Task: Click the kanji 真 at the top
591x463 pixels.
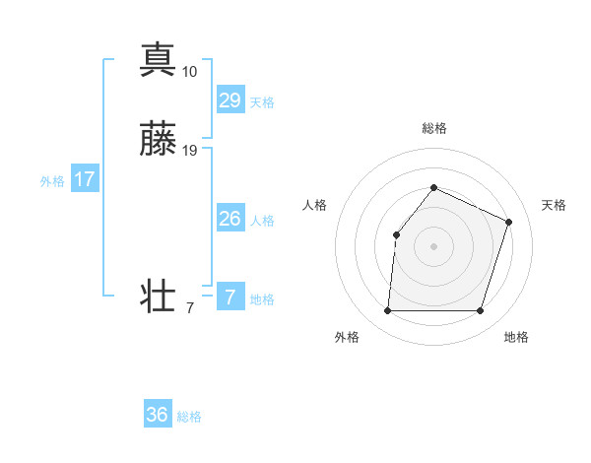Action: (x=158, y=59)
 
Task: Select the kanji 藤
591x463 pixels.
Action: (x=158, y=140)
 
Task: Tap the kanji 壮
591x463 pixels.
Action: (x=158, y=297)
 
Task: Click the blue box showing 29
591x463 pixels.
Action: (x=230, y=99)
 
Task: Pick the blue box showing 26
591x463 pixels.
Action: (x=230, y=219)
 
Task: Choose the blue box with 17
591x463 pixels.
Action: (x=85, y=179)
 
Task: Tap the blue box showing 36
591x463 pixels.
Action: (x=158, y=415)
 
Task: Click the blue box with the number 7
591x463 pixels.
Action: (x=230, y=297)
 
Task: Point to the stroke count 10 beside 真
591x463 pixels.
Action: (x=189, y=72)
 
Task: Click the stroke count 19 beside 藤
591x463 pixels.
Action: (x=189, y=152)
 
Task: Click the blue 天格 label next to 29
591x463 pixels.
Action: (x=262, y=102)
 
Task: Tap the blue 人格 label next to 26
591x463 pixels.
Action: (x=262, y=221)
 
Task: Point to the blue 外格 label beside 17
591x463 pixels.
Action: (x=52, y=181)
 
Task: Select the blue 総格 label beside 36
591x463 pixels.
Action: (x=189, y=418)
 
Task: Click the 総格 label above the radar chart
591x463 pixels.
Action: (x=434, y=128)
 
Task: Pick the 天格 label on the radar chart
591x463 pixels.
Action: (x=554, y=205)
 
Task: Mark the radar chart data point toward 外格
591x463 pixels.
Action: (x=387, y=311)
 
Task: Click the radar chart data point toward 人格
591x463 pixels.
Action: (x=396, y=234)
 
